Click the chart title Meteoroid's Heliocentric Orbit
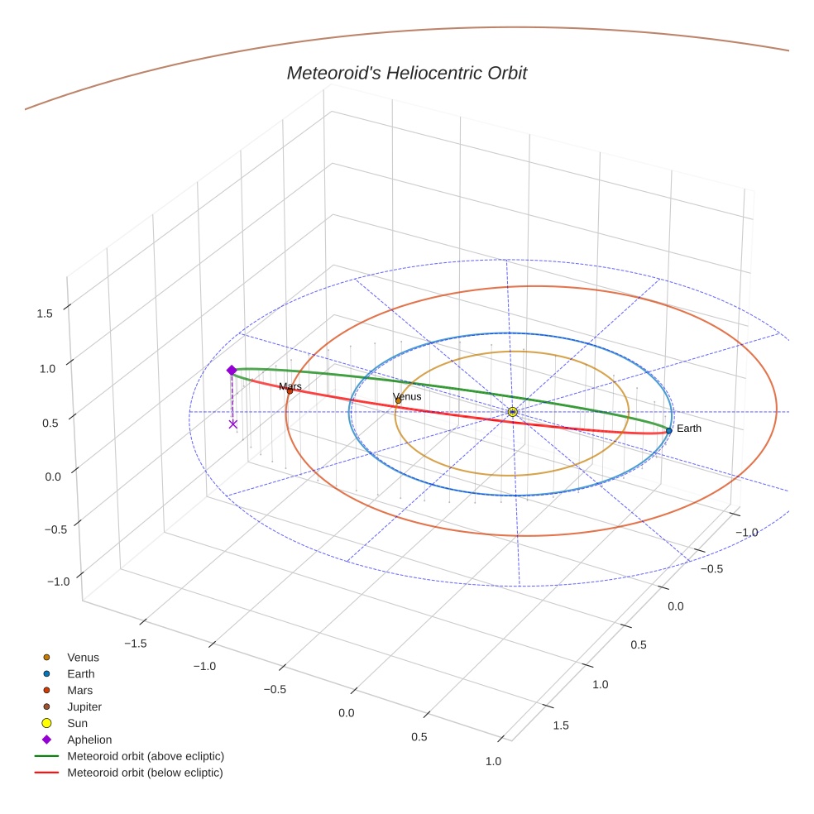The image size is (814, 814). [406, 73]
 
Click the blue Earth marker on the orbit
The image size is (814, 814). [668, 430]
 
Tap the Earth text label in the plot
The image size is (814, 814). [688, 429]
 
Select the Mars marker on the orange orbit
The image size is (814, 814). [290, 390]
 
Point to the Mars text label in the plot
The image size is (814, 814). [290, 386]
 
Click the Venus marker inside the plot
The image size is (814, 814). [399, 400]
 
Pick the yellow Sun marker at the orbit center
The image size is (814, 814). [512, 411]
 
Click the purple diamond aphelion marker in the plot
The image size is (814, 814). [232, 370]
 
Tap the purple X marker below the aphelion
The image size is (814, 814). [232, 424]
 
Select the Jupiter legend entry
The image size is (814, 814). [84, 706]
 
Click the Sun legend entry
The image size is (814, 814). [77, 723]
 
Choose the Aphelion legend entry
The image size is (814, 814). [89, 740]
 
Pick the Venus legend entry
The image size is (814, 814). [83, 657]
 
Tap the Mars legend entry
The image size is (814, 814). [79, 690]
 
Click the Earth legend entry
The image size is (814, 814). [80, 673]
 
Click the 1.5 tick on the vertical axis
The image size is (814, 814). [45, 314]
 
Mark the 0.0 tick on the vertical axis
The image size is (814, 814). [51, 476]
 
